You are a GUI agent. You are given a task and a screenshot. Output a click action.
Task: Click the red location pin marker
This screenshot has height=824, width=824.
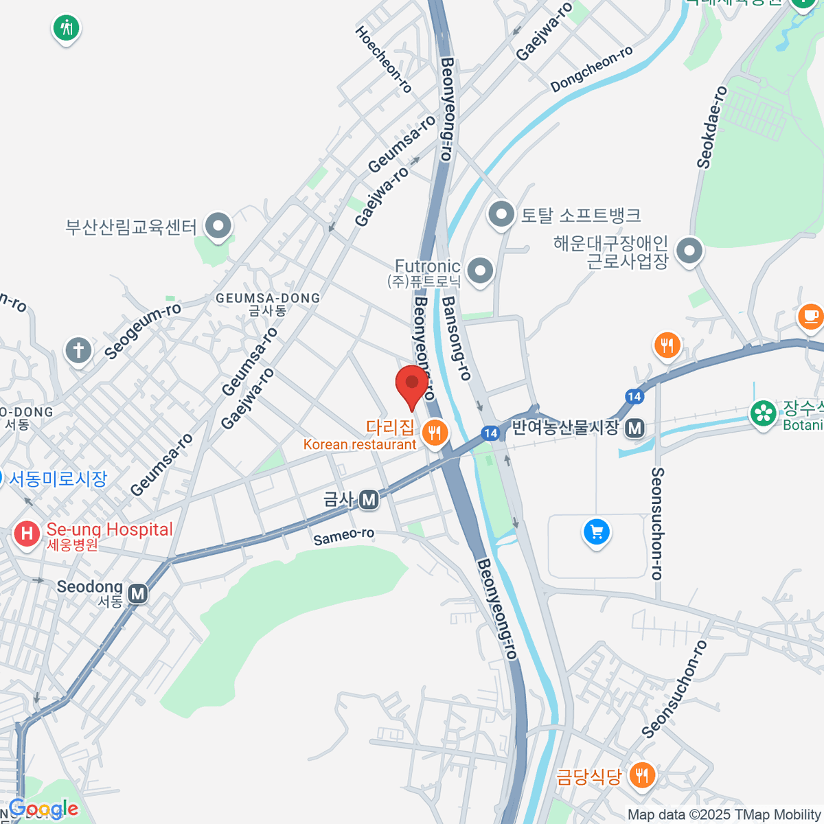[412, 385]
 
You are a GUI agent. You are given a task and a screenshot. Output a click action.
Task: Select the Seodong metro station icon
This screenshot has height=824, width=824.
[138, 593]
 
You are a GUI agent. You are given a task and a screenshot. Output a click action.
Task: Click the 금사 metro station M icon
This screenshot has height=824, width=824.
[369, 500]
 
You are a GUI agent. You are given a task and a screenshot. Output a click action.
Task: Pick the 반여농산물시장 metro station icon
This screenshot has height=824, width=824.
[635, 428]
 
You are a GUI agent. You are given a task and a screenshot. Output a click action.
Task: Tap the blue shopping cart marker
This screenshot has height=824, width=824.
[596, 531]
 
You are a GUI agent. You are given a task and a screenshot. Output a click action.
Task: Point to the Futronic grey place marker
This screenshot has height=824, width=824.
[480, 270]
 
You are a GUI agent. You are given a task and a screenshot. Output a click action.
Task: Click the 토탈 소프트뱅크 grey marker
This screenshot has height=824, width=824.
[501, 214]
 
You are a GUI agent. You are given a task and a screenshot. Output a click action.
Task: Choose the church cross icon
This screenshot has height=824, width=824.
[78, 350]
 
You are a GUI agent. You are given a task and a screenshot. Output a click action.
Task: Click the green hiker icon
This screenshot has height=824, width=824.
[66, 28]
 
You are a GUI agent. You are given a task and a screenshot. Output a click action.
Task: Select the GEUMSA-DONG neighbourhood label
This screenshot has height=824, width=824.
[268, 299]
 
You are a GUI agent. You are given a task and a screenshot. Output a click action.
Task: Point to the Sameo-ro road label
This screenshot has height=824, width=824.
[344, 536]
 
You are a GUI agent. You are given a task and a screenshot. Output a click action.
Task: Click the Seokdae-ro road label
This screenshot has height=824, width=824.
[711, 128]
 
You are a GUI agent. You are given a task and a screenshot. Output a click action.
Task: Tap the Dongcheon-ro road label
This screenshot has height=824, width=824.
[591, 69]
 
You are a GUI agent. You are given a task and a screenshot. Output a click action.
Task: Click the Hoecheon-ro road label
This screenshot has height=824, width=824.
[384, 59]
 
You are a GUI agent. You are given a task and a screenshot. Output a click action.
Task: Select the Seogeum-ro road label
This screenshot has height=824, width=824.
[143, 330]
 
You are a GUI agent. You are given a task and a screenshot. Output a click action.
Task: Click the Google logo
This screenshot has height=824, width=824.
[43, 810]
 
